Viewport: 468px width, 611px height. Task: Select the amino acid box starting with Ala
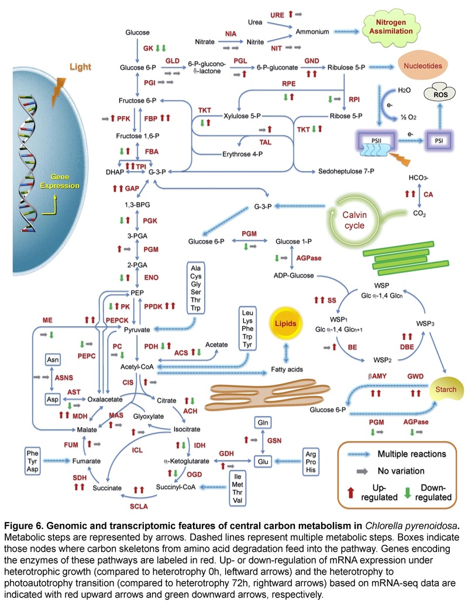[196, 288]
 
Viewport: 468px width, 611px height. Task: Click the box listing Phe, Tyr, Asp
[32, 460]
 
